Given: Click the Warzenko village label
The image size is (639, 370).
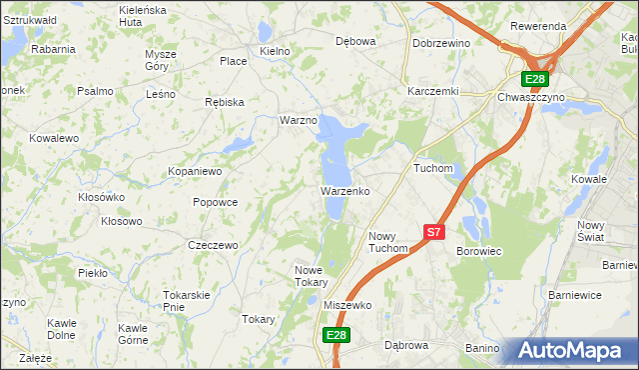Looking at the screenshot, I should [x=345, y=190].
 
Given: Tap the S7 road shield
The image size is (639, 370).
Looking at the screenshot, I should [x=433, y=231].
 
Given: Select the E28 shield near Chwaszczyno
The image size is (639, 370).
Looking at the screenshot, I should [x=535, y=80].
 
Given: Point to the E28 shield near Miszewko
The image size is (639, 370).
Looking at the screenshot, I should [x=335, y=336].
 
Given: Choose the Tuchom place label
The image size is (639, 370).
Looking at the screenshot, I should [x=433, y=169].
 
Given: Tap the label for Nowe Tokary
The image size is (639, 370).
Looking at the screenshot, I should [x=312, y=275].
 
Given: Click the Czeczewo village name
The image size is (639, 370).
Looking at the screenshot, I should [x=213, y=245].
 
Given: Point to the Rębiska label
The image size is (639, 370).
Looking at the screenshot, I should [x=224, y=101].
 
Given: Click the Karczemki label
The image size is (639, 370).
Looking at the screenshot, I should [x=432, y=90].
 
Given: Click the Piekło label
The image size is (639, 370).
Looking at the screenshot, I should [x=92, y=272].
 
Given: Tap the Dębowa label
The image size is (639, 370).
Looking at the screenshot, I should [x=355, y=42].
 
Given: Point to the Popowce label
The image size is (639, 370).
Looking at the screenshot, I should [x=215, y=202].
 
